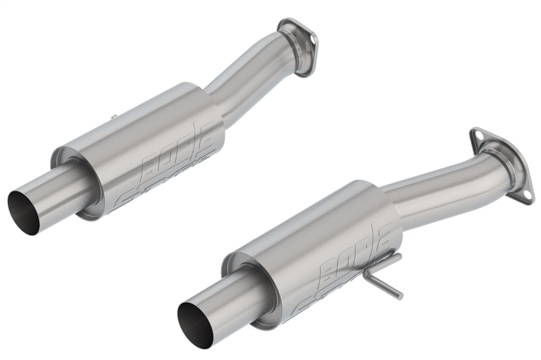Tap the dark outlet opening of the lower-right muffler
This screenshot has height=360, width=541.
click(193, 323)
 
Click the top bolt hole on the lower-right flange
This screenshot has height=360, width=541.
click(476, 134)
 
